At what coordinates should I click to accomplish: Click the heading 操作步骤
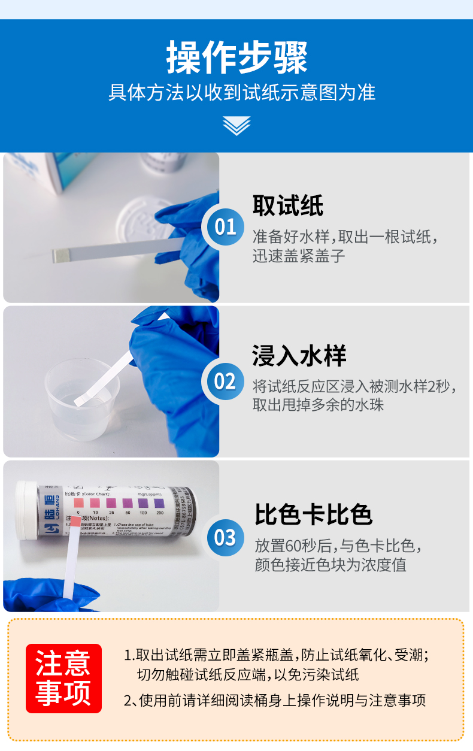tap(236, 57)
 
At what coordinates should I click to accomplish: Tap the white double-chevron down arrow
tap(236, 126)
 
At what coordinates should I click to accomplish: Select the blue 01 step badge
tap(225, 228)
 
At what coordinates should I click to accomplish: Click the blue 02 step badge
tap(225, 381)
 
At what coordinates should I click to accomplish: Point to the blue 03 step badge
tap(225, 538)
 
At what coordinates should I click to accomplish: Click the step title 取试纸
tap(287, 205)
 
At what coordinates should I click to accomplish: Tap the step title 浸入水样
tap(299, 356)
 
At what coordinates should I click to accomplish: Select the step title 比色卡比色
tap(314, 514)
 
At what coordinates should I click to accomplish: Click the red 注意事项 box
tap(63, 679)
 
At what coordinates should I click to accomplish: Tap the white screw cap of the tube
tap(26, 510)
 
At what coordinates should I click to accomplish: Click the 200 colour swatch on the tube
tap(159, 503)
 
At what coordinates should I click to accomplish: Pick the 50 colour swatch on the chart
tap(127, 503)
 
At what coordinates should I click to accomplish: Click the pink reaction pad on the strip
tap(75, 521)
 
